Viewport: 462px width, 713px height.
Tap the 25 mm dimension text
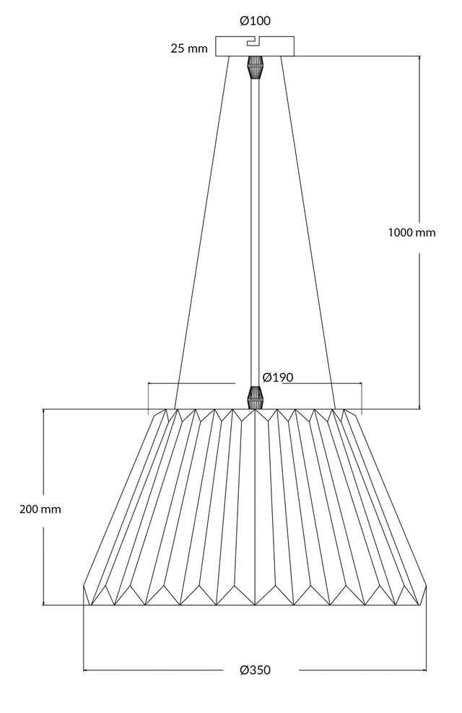[189, 48]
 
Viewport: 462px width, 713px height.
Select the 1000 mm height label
[411, 233]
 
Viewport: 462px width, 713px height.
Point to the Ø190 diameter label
[278, 377]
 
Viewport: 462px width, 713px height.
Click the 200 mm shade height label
[40, 509]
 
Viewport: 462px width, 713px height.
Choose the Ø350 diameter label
[255, 670]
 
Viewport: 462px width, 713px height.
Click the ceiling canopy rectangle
[254, 46]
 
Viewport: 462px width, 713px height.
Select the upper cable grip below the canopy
[255, 67]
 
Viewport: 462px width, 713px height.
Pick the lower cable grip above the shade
[255, 398]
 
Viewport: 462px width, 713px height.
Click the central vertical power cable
[255, 233]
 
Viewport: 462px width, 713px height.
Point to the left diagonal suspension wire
[202, 233]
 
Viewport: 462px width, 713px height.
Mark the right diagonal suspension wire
[308, 233]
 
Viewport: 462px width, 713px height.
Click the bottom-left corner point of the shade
[91, 605]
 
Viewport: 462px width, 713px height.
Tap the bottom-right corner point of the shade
[419, 605]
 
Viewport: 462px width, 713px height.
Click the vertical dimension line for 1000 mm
[419, 233]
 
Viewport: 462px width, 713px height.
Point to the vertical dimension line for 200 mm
[43, 507]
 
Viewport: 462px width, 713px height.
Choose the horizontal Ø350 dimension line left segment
[153, 670]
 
